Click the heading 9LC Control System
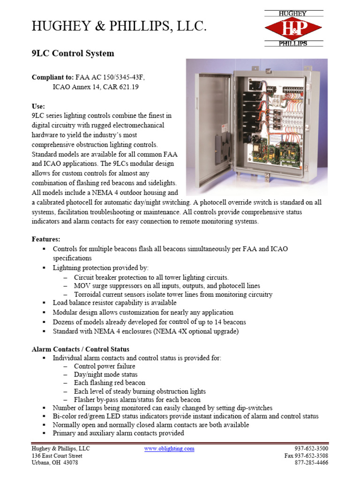coord(73,53)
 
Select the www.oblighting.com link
coord(169,449)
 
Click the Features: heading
coord(46,239)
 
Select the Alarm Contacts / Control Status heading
coord(80,349)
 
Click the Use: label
coord(38,106)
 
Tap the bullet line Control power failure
coord(105,366)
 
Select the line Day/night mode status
coord(105,375)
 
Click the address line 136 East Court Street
coord(57,456)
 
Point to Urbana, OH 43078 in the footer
coord(55,463)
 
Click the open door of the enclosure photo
coord(207,127)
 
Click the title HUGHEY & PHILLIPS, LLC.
coord(119,28)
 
